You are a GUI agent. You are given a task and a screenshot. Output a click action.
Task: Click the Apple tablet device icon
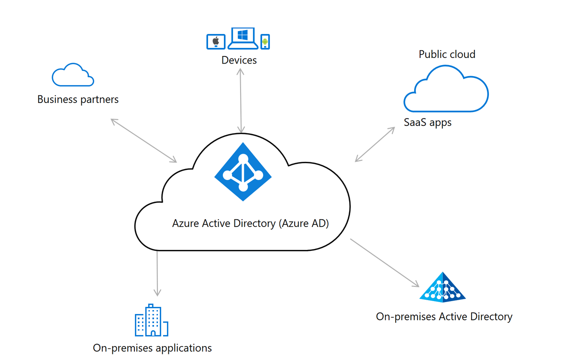(215, 41)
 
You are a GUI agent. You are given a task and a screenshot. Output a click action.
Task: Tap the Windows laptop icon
(242, 38)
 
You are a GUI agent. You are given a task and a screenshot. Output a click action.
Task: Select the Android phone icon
(265, 42)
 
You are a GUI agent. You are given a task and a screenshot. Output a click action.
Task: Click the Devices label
(239, 60)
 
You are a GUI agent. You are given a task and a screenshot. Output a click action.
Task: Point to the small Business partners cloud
(72, 75)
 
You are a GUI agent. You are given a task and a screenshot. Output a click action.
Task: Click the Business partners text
(78, 100)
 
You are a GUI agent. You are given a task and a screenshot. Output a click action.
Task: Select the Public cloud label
(447, 54)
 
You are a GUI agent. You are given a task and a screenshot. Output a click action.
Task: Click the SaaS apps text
(428, 123)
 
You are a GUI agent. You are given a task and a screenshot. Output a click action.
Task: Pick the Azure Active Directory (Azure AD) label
(251, 224)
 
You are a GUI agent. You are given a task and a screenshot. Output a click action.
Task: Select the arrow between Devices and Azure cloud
(241, 100)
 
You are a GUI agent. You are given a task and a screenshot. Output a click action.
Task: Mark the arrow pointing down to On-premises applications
(157, 273)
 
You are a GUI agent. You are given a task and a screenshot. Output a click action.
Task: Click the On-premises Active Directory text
(444, 316)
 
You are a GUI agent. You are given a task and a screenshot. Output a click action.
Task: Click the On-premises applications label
(152, 348)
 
